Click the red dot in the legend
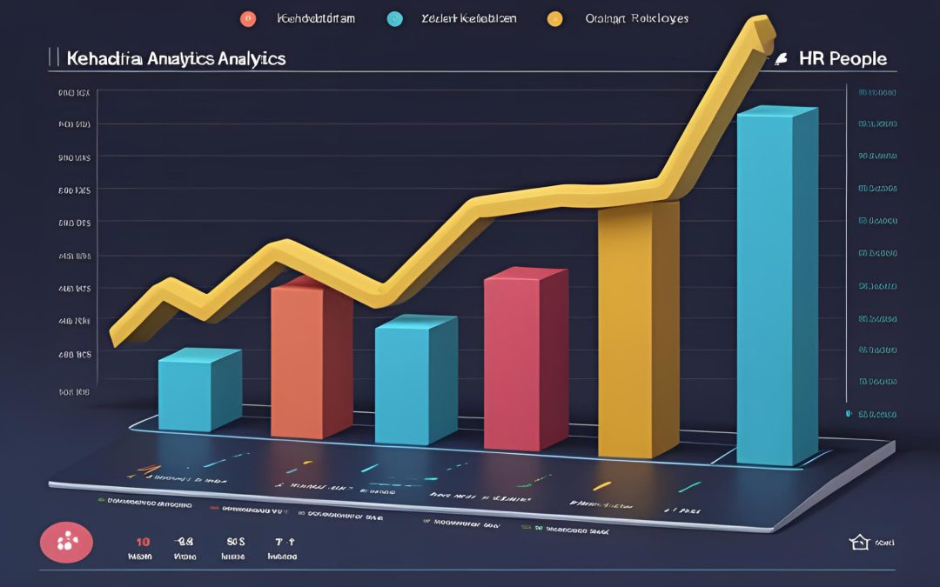(x=247, y=17)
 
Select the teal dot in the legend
(x=396, y=17)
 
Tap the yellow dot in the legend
(x=554, y=17)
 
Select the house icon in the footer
(x=859, y=543)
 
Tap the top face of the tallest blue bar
(x=776, y=111)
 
